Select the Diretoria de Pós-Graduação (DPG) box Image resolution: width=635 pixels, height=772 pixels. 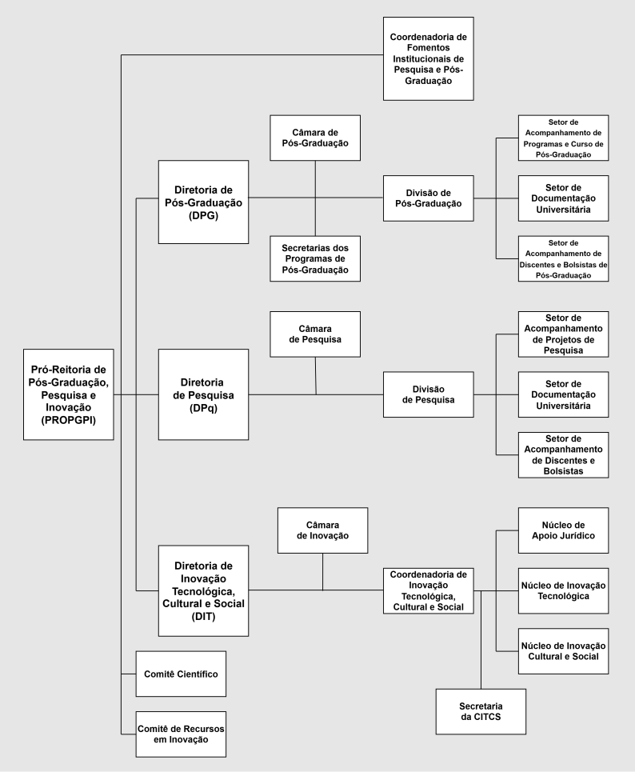pyautogui.click(x=203, y=202)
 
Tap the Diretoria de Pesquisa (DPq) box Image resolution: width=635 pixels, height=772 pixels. pyautogui.click(x=203, y=394)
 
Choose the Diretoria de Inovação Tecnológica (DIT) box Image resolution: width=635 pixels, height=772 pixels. pyautogui.click(x=203, y=590)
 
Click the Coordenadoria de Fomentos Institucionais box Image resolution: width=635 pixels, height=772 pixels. pyautogui.click(x=428, y=58)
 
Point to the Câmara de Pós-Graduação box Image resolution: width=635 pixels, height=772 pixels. pyautogui.click(x=315, y=138)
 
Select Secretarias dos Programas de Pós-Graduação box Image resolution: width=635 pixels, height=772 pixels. pyautogui.click(x=315, y=258)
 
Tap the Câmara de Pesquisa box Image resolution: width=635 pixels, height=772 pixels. pyautogui.click(x=315, y=334)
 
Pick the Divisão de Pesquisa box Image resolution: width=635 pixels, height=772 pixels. pyautogui.click(x=428, y=394)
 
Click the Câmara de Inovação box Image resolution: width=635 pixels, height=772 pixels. pyautogui.click(x=322, y=530)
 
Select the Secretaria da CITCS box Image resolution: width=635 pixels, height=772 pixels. pyautogui.click(x=481, y=711)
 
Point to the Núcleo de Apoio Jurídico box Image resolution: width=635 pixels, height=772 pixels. pyautogui.click(x=563, y=530)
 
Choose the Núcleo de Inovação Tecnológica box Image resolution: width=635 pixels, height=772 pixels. pyautogui.click(x=563, y=590)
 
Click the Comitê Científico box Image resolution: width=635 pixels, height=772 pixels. pyautogui.click(x=181, y=674)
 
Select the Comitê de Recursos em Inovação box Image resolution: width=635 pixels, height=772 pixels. pyautogui.click(x=181, y=734)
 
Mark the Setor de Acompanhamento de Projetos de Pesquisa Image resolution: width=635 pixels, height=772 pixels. pyautogui.click(x=563, y=334)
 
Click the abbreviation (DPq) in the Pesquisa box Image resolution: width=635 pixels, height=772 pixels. pyautogui.click(x=203, y=407)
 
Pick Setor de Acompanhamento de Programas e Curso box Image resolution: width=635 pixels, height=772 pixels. pyautogui.click(x=563, y=138)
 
